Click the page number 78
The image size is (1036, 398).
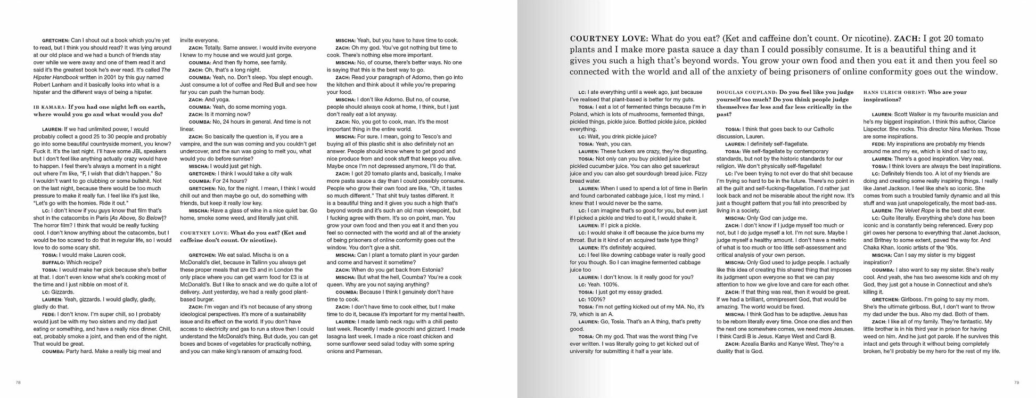click(18, 382)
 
